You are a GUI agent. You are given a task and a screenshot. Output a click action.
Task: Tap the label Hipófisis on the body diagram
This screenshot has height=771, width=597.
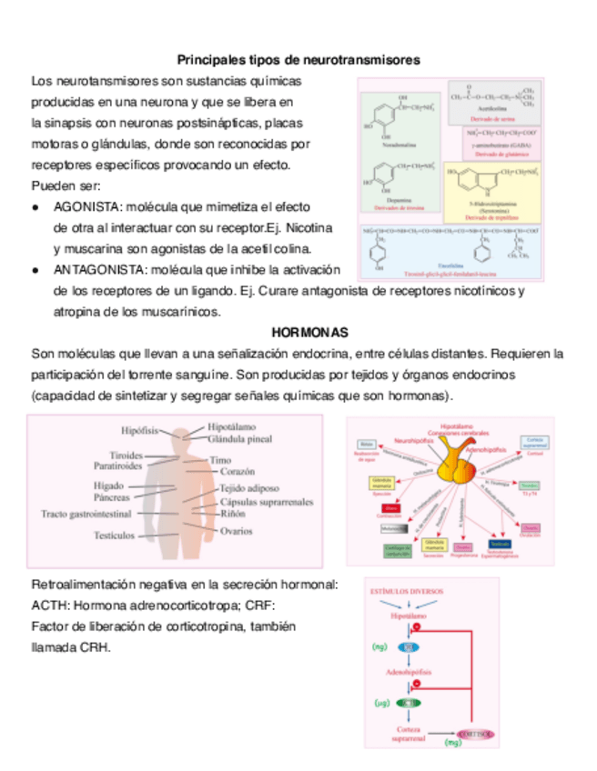(x=140, y=429)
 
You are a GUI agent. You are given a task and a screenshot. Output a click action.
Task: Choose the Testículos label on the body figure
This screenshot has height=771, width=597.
(x=114, y=536)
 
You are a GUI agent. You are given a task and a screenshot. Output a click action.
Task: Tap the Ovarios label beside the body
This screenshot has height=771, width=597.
(x=237, y=531)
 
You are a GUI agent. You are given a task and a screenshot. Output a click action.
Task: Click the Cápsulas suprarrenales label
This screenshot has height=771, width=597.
(x=267, y=501)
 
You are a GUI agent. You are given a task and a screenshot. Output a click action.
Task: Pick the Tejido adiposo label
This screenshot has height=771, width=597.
(x=249, y=487)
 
